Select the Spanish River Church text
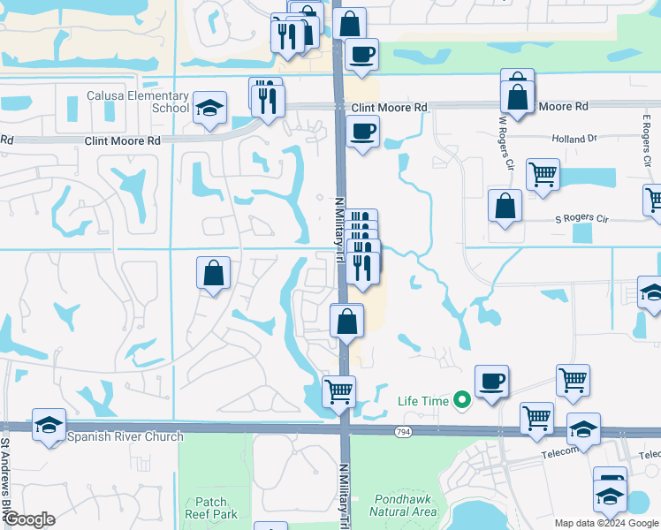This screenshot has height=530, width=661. point(125,436)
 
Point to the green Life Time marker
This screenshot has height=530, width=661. point(460,401)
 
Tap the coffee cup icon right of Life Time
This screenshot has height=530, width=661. point(492,381)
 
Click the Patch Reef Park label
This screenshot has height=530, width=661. point(211,507)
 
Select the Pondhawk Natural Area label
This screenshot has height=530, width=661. point(402,505)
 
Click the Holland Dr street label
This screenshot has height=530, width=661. point(574,139)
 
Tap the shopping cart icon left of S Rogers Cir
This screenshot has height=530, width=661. point(543,173)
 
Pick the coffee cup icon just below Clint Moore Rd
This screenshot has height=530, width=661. point(361,133)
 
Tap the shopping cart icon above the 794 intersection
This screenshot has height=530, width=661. point(338,390)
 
